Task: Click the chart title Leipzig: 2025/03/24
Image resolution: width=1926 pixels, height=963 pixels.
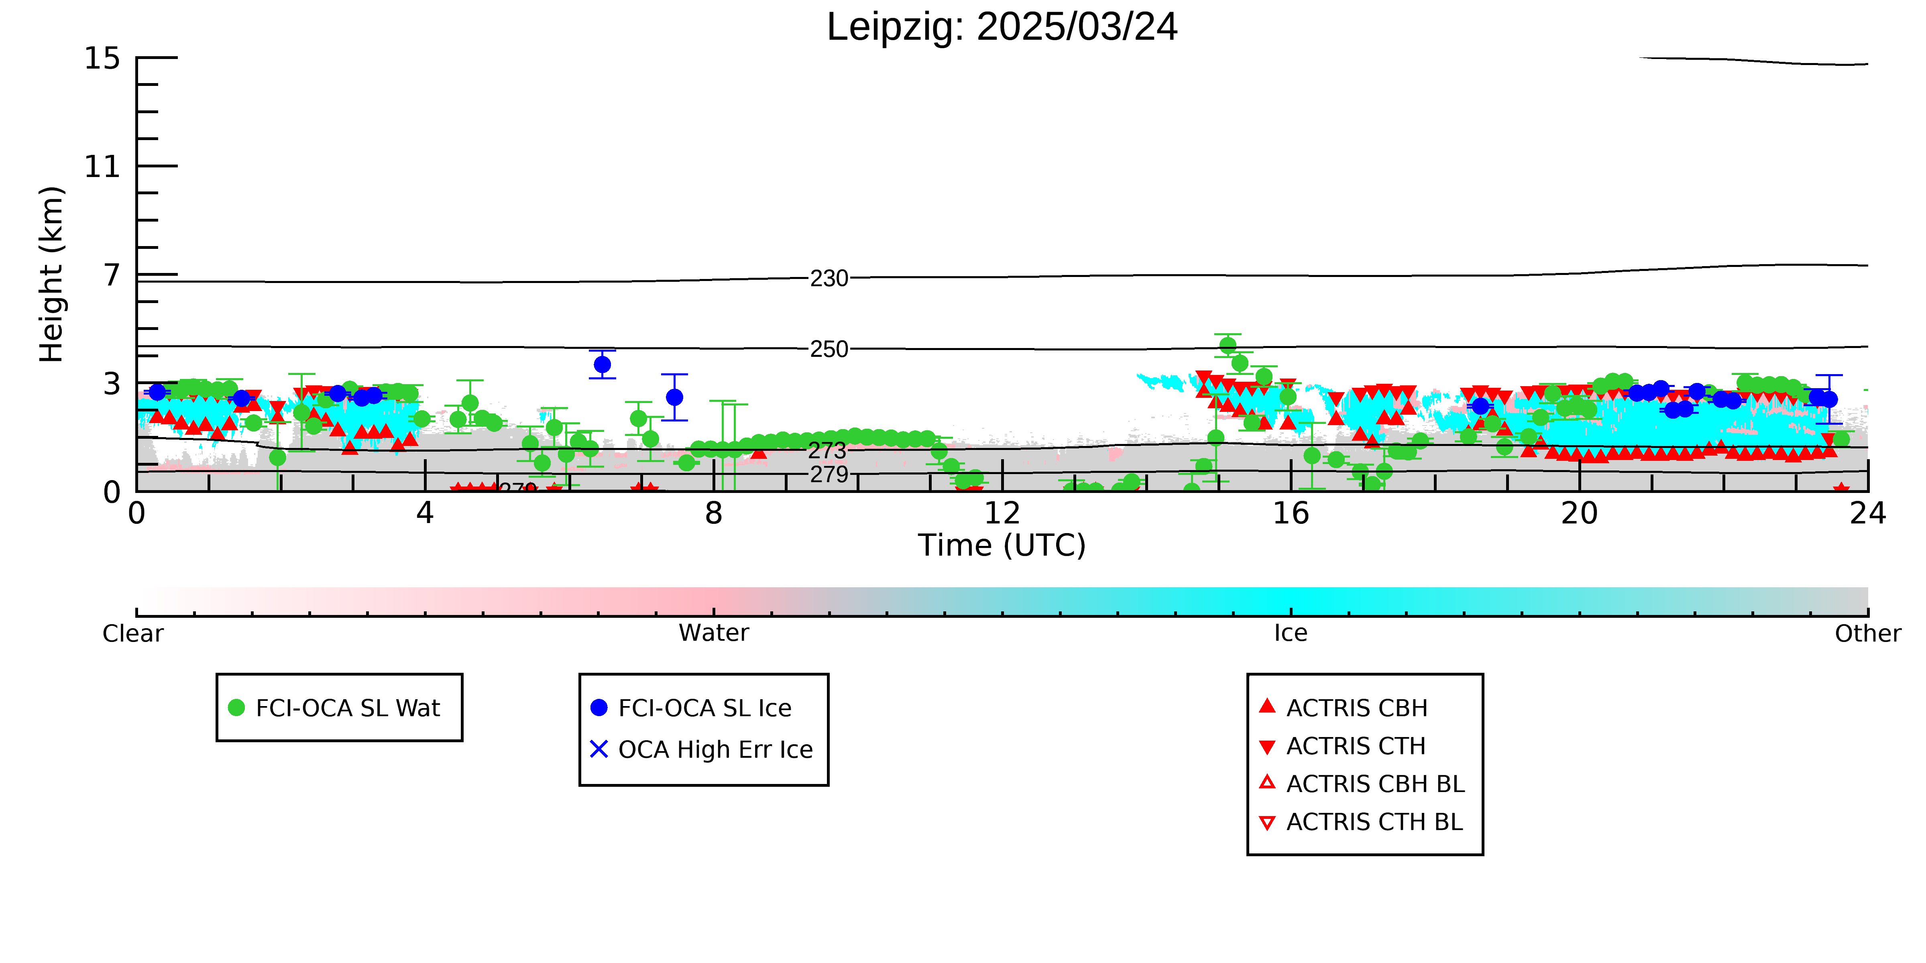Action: pos(1002,28)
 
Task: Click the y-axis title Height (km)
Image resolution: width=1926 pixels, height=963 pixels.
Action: pos(52,275)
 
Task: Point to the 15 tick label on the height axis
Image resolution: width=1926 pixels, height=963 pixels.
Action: pos(102,58)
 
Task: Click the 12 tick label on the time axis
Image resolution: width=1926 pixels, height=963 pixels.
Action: pos(1002,514)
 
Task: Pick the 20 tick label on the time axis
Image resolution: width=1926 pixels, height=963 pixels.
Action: pos(1579,514)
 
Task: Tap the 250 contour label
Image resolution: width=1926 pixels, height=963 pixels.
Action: pos(829,349)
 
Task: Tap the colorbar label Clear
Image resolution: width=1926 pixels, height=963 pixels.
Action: pos(133,633)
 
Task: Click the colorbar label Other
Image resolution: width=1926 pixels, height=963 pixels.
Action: pos(1868,633)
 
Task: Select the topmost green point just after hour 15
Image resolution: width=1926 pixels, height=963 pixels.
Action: pos(1228,346)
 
